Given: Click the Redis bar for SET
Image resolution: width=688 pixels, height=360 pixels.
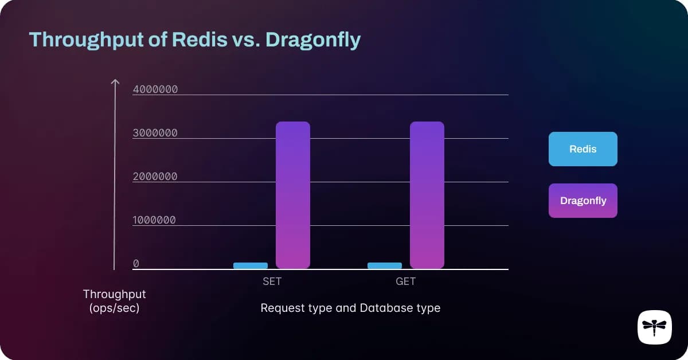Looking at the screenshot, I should [251, 265].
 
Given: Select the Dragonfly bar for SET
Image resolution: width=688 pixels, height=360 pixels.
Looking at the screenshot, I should [293, 195].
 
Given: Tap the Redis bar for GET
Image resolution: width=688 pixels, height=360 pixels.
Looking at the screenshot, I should [385, 265].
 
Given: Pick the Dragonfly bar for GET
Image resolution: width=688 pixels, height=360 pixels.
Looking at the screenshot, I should [427, 195].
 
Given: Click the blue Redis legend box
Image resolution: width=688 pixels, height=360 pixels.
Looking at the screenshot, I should [583, 149].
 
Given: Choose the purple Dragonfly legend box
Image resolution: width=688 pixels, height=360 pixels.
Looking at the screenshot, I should [583, 201].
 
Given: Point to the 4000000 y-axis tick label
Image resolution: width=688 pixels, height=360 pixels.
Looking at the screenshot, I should [155, 89].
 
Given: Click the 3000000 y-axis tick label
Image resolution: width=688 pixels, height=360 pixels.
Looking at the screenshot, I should [155, 133].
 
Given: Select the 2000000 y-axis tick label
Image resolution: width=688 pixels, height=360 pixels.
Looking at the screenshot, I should [155, 177].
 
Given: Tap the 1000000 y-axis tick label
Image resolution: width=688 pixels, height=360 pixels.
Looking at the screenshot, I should [155, 220].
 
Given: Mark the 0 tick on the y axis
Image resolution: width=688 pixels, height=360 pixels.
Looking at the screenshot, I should [136, 264].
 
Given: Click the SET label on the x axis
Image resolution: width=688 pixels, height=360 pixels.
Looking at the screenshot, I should [272, 281].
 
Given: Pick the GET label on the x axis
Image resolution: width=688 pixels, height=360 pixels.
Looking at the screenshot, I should [405, 281].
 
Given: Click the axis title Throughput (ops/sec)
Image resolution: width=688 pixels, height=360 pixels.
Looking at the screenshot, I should [115, 301].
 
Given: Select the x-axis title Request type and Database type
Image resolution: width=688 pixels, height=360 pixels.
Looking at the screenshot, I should [350, 308].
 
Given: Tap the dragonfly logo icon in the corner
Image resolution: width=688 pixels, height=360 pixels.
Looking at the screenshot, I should [654, 327].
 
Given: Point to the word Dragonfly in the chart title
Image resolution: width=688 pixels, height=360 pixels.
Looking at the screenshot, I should [312, 40].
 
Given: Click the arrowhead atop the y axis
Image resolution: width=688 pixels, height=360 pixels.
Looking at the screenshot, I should [115, 82].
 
